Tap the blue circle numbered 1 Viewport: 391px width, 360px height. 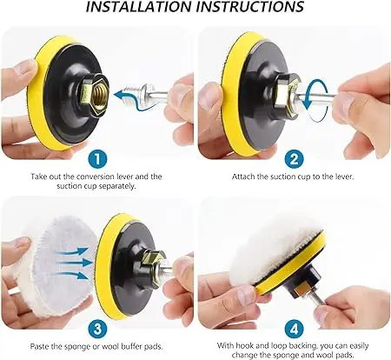click(97, 160)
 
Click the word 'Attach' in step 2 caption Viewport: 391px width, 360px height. click(245, 176)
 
